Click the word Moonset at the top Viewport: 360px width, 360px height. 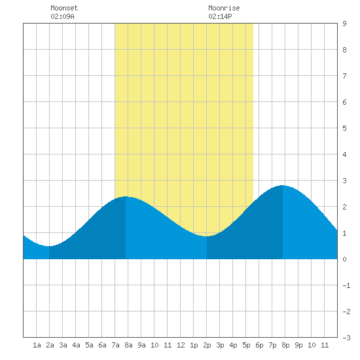[64, 8]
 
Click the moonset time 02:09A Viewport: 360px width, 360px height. [62, 16]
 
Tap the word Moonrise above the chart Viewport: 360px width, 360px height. [224, 8]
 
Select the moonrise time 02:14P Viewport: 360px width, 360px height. [220, 16]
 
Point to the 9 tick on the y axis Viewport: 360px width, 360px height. [344, 24]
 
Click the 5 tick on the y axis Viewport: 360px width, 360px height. [344, 128]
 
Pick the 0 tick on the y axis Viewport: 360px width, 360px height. [344, 259]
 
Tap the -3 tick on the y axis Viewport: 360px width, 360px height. [346, 338]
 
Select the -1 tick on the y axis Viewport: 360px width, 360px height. [346, 285]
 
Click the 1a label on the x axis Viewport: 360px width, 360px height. [37, 345]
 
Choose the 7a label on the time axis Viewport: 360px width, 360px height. [115, 345]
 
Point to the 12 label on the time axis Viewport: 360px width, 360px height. [181, 345]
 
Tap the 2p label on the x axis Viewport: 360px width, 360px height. [207, 345]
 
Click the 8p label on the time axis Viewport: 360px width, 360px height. [285, 345]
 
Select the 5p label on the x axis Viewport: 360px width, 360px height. [246, 345]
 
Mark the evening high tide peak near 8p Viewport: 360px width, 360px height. [283, 185]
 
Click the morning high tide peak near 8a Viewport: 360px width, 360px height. [126, 197]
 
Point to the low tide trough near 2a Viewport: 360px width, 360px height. [49, 246]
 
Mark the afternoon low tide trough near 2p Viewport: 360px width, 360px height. [207, 236]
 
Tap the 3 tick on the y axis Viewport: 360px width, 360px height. [344, 181]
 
